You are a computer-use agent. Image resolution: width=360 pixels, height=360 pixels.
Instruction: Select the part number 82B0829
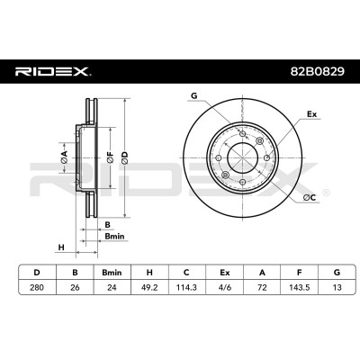[317, 71]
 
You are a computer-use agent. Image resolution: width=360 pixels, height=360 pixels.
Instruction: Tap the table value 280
[37, 287]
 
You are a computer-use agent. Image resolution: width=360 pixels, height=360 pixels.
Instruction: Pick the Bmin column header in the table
[112, 273]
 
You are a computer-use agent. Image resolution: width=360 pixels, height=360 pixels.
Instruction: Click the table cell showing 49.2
[149, 287]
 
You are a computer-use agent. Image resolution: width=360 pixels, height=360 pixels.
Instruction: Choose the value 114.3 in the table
[186, 287]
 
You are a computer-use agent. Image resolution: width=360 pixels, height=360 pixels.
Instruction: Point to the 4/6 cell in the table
[224, 287]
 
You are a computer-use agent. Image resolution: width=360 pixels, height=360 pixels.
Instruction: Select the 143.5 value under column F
[299, 287]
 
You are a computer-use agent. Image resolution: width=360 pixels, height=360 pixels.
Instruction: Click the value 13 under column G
[337, 287]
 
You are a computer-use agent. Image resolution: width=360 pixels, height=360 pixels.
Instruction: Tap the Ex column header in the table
[224, 273]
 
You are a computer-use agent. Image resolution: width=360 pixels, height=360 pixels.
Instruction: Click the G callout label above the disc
[194, 95]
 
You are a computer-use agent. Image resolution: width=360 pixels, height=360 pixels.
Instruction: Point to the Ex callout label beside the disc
[311, 114]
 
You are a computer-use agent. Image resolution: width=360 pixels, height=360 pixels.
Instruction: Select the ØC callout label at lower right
[310, 197]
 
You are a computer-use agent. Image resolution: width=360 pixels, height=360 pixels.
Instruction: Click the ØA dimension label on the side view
[64, 157]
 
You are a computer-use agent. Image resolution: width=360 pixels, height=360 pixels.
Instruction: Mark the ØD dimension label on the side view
[125, 157]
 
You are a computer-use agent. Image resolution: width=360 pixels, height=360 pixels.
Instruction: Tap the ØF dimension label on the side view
[110, 157]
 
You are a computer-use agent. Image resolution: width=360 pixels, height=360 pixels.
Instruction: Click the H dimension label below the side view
[61, 247]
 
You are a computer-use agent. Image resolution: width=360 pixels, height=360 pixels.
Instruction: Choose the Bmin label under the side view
[114, 237]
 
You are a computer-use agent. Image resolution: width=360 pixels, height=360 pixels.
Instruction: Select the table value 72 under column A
[262, 287]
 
